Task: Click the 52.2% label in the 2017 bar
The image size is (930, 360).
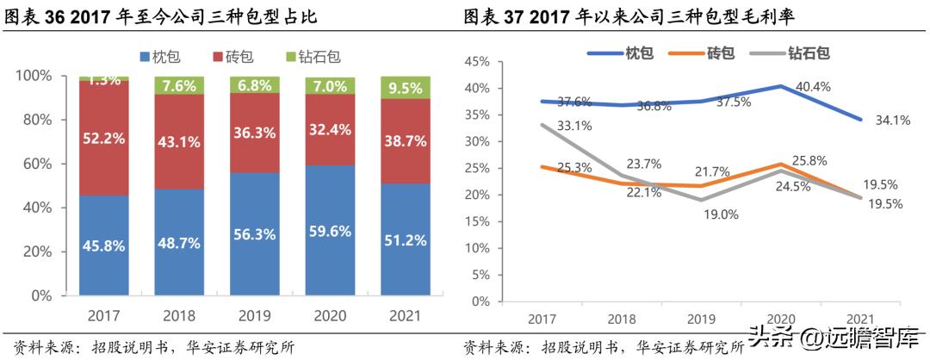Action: (x=103, y=138)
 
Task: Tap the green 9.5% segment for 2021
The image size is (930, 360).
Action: (x=406, y=88)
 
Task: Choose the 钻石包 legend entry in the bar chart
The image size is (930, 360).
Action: (x=313, y=57)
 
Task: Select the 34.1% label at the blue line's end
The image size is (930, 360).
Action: (x=894, y=121)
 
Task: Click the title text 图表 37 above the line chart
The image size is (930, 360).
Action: (x=497, y=16)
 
